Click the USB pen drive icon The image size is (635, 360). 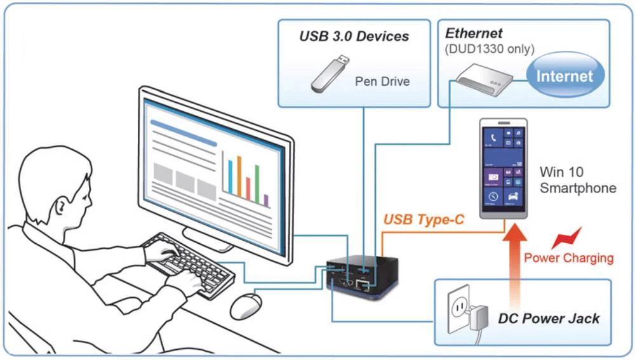pyautogui.click(x=330, y=72)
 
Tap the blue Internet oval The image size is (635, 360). pyautogui.click(x=564, y=76)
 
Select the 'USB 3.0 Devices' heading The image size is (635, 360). pyautogui.click(x=354, y=36)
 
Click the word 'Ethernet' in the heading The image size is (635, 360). pyautogui.click(x=474, y=34)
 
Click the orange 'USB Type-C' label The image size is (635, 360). pyautogui.click(x=424, y=220)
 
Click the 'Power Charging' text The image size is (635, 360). pyautogui.click(x=568, y=258)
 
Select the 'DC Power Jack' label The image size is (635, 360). pyautogui.click(x=549, y=318)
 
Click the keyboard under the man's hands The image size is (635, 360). pyautogui.click(x=190, y=267)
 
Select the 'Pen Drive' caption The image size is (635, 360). pyautogui.click(x=382, y=81)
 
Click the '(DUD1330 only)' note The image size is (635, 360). pyautogui.click(x=490, y=49)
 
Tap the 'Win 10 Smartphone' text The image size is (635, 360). pyautogui.click(x=577, y=180)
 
